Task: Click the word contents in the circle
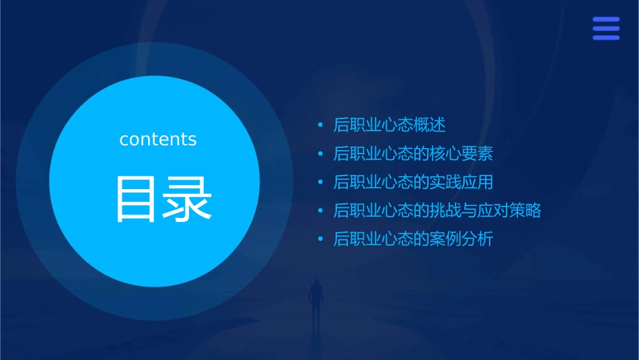(x=158, y=139)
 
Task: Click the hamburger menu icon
(x=606, y=29)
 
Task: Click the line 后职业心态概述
(x=389, y=125)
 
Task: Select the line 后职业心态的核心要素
(x=413, y=154)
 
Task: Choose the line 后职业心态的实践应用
(x=413, y=182)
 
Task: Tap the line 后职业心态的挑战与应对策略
(x=437, y=211)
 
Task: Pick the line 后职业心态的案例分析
(x=413, y=239)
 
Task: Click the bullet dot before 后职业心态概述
(x=321, y=125)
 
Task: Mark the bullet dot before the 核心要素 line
(x=321, y=154)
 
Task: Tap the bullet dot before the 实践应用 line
(x=321, y=182)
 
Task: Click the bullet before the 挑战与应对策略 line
(x=321, y=211)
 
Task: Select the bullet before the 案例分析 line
(x=321, y=239)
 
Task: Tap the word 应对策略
(x=509, y=211)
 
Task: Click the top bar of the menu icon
(x=606, y=20)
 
